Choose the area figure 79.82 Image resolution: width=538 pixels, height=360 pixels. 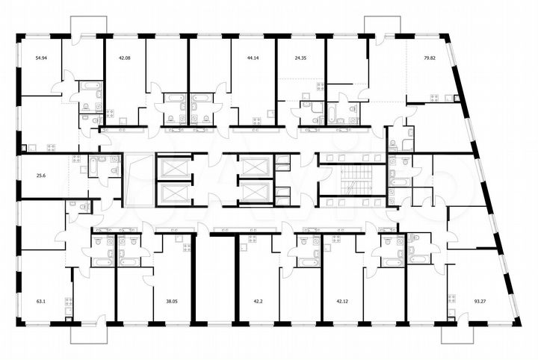point(429,57)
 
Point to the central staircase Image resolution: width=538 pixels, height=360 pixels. point(349,180)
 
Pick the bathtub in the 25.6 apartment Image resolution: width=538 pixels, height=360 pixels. point(98,161)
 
